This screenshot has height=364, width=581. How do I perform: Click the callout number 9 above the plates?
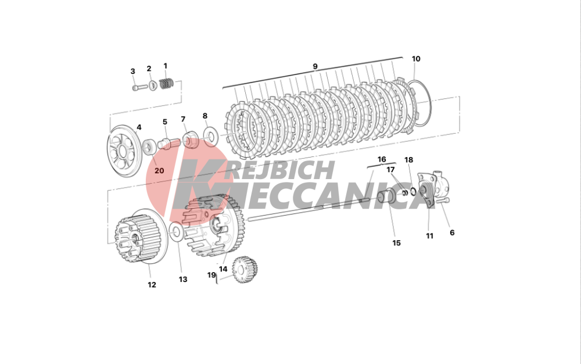pos(315,66)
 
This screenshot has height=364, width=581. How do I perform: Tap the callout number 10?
pos(416,59)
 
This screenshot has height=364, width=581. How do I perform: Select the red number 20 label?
pos(159,170)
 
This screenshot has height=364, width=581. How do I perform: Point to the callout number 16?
pos(382,159)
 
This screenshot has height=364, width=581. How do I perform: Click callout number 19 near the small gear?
pos(211,275)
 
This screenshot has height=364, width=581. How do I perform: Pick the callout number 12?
pos(152,285)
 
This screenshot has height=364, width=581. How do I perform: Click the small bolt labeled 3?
pos(138,88)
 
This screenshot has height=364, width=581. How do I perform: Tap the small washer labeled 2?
pos(152,86)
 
